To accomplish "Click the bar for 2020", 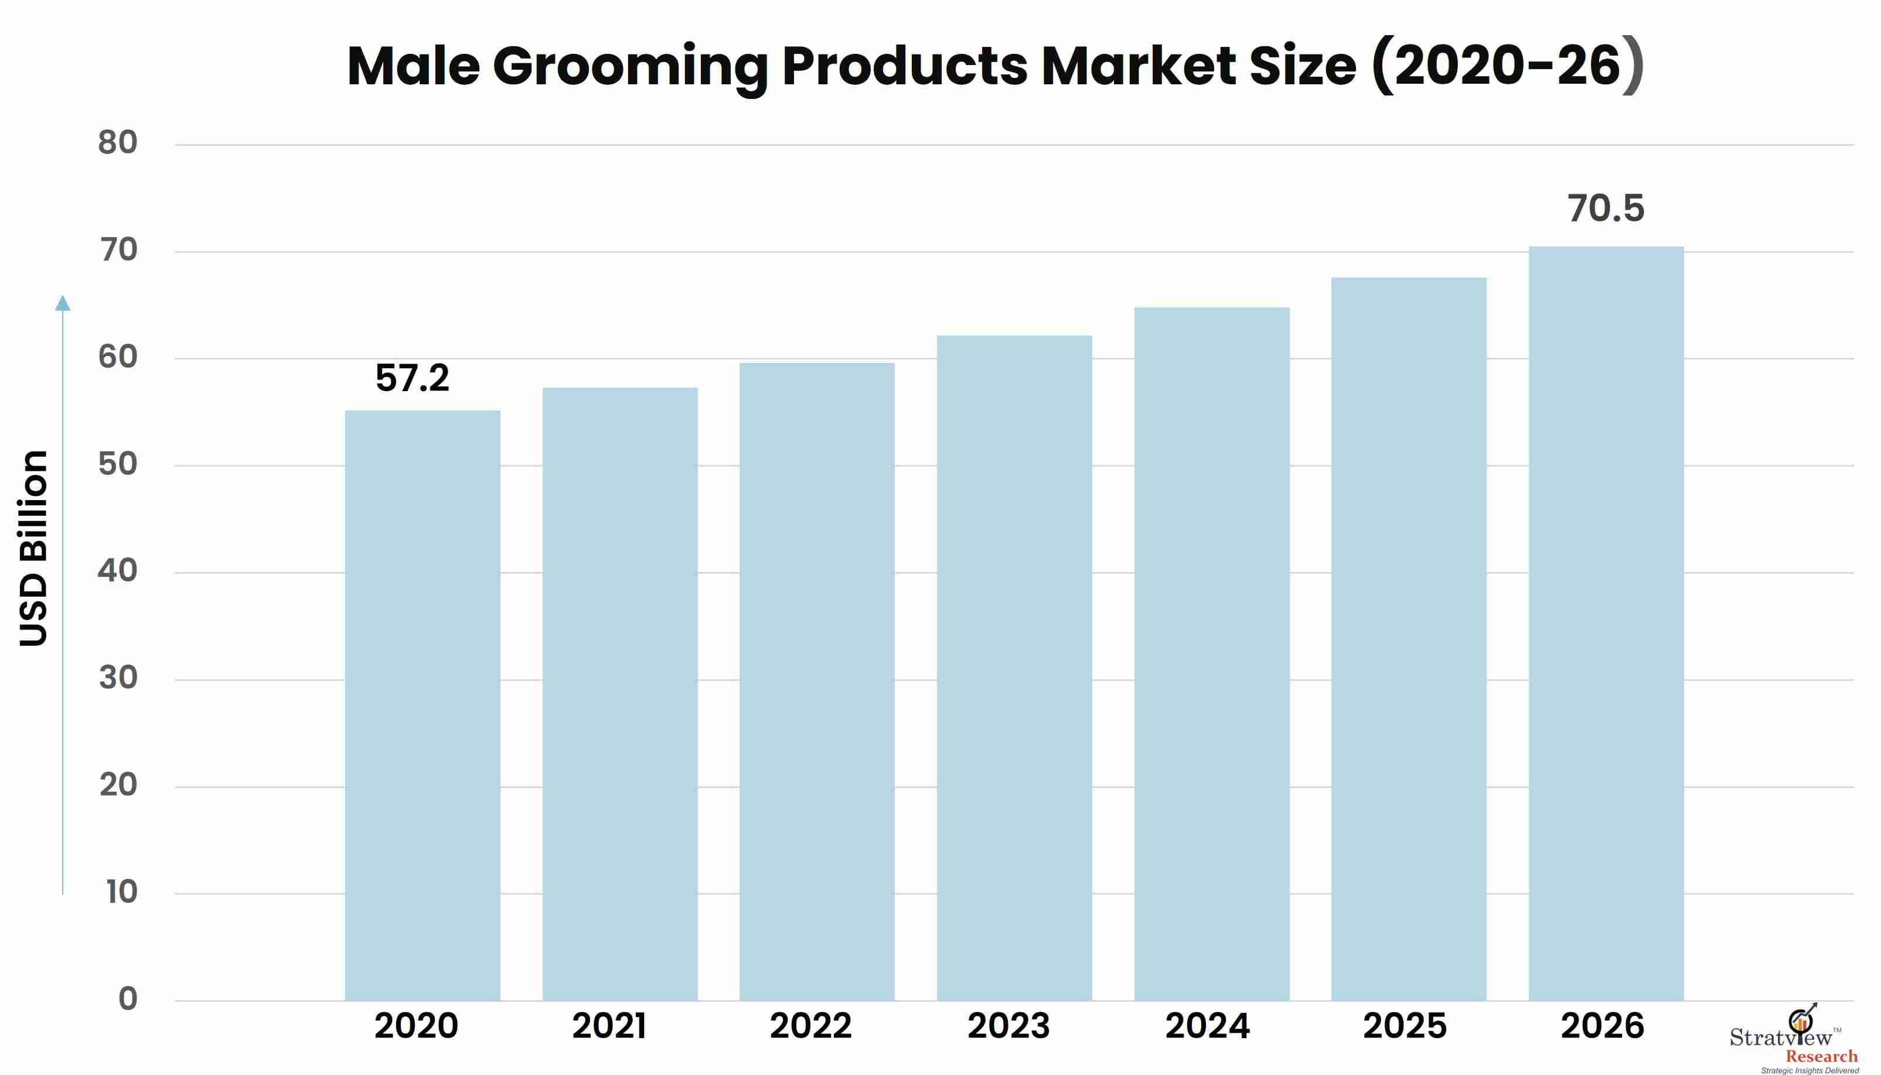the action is (422, 706).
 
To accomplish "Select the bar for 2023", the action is (1014, 668).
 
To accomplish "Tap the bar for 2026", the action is (1606, 624).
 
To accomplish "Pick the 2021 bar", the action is (620, 694).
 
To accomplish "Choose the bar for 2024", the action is (1212, 654).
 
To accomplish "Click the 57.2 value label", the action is (413, 378).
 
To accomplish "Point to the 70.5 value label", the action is (1606, 208).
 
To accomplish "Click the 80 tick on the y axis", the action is (118, 142).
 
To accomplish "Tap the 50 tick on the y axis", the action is (118, 464).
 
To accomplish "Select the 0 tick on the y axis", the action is (128, 998).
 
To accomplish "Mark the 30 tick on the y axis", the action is (118, 678).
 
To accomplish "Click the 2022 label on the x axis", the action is (810, 1026).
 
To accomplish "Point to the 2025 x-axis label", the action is (1405, 1026).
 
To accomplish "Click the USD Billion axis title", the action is (34, 549).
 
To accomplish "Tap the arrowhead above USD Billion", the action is (63, 303).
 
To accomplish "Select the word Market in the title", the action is (1139, 66).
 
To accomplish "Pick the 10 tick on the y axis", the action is (121, 892).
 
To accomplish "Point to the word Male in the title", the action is (414, 66).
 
